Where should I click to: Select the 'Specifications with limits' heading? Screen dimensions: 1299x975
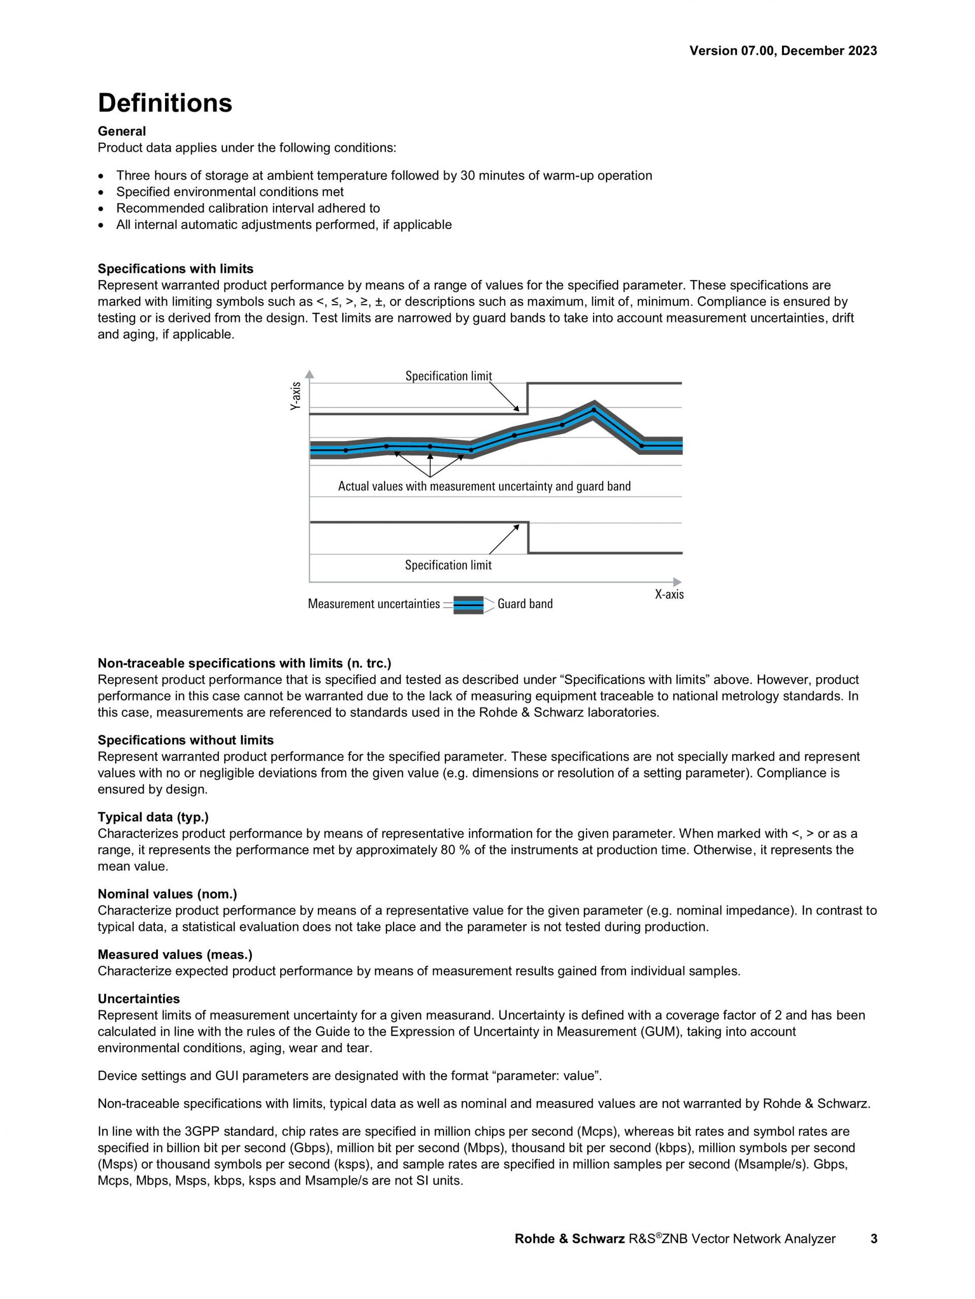click(175, 269)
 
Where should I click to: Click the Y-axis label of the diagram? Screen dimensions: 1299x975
click(296, 396)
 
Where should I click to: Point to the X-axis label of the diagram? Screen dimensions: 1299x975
click(669, 594)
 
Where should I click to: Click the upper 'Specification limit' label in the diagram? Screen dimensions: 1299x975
click(448, 376)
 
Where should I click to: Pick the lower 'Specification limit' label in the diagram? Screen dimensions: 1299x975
click(448, 565)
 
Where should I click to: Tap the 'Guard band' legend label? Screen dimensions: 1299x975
click(525, 604)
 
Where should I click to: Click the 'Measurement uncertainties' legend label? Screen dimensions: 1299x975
click(374, 604)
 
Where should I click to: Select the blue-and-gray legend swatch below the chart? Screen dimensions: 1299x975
click(468, 604)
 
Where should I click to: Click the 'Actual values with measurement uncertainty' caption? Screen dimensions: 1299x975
click(484, 486)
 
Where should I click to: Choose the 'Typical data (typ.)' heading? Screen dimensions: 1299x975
click(153, 817)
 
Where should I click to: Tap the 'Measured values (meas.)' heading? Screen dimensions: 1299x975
click(175, 954)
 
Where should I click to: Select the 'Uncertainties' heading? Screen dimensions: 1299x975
click(139, 999)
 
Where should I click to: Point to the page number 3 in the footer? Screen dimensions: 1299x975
click(873, 1239)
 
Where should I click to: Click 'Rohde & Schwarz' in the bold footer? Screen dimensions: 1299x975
click(569, 1239)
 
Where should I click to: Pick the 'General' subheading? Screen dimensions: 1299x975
click(121, 131)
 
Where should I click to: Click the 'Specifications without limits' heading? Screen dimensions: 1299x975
click(185, 740)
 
